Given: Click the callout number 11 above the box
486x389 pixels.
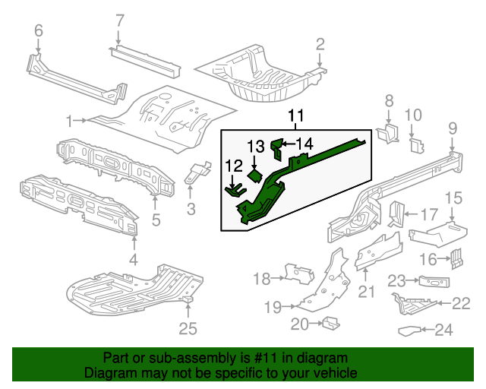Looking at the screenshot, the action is [296, 115].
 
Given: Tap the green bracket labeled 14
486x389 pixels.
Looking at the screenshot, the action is [276, 149].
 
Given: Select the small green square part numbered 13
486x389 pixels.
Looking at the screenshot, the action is [255, 176].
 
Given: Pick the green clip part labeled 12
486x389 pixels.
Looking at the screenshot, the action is [235, 191].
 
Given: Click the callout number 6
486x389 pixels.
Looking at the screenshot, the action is [39, 30].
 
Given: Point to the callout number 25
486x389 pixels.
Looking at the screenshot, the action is [188, 328].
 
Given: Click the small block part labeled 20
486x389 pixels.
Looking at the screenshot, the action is [331, 324].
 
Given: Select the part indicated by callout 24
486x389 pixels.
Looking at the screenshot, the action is [410, 330].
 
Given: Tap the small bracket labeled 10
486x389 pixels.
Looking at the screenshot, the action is [417, 145].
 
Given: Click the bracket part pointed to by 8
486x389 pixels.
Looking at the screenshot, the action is [388, 134].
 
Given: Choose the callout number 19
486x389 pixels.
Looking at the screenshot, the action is [273, 307].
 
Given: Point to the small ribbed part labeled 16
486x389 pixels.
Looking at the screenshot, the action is [456, 259].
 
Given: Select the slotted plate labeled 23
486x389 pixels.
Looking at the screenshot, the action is [434, 281].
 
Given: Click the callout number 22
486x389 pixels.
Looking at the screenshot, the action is [461, 303].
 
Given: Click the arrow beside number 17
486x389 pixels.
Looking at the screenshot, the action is [412, 214].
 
